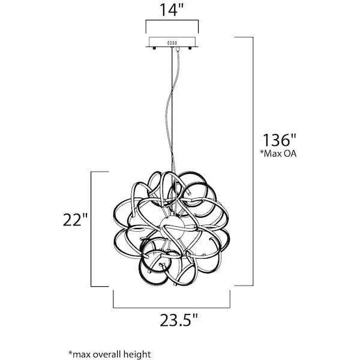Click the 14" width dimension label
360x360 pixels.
(x=172, y=10)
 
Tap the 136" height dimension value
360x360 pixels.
(x=280, y=140)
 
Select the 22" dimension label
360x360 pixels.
(x=75, y=220)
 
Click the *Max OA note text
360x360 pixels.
(x=278, y=154)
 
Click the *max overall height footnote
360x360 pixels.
(x=110, y=354)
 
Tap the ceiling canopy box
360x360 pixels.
(x=172, y=41)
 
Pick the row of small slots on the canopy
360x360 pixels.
(x=172, y=43)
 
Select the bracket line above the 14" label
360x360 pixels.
(x=172, y=20)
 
